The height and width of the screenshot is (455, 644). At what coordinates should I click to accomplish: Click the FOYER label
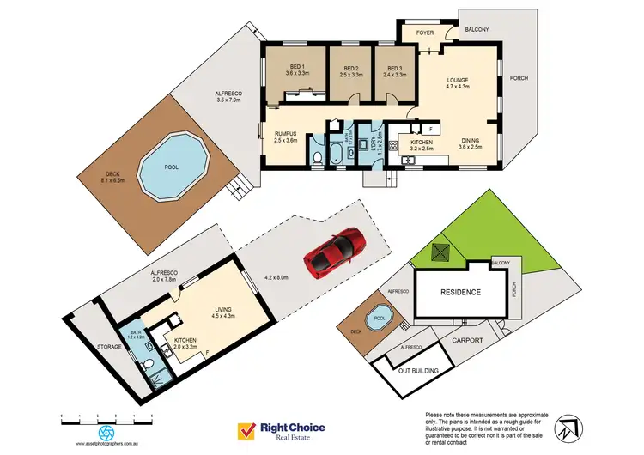425,33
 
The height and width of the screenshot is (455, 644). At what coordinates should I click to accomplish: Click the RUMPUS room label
285,136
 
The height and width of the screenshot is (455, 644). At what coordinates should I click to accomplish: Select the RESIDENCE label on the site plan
460,292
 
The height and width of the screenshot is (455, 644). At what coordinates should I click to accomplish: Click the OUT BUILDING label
418,371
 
